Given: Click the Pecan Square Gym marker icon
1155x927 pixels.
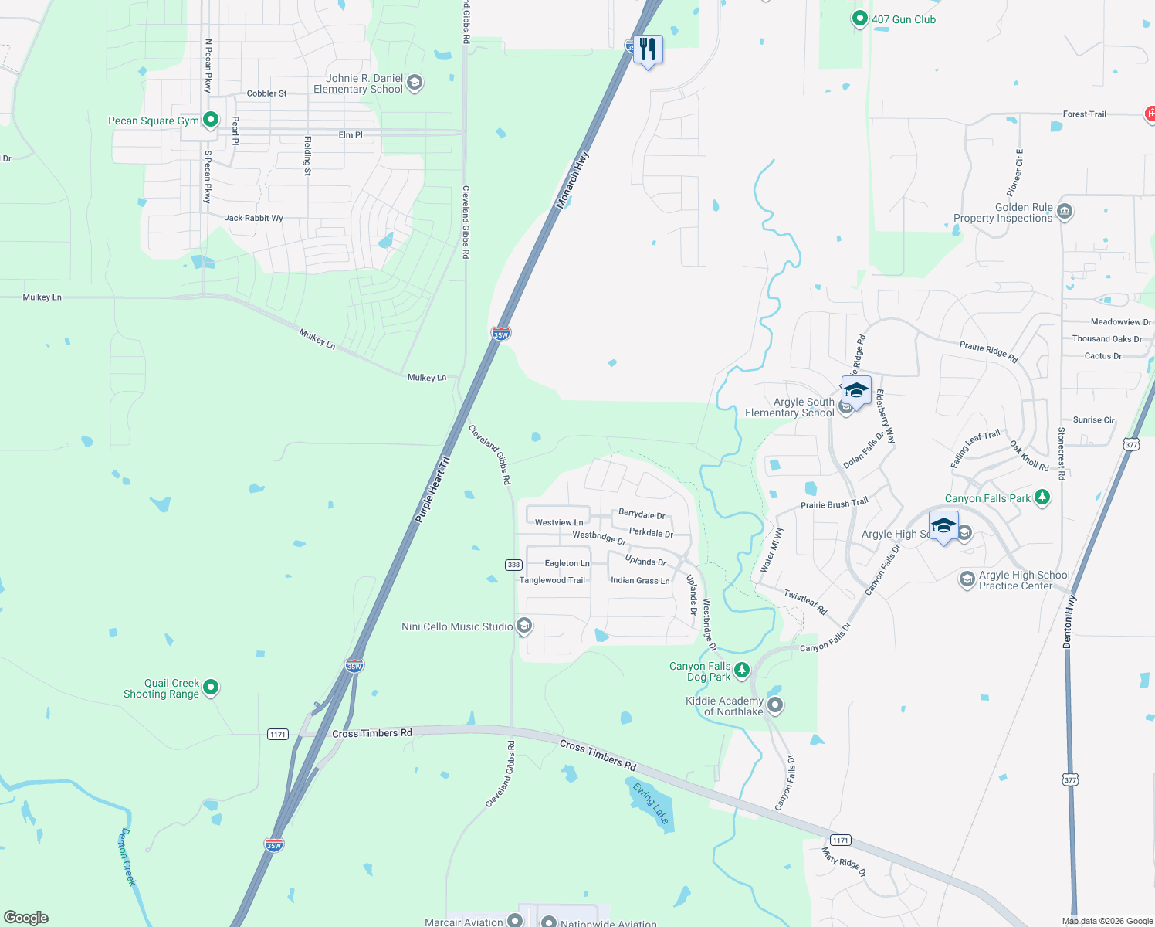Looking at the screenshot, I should [x=211, y=121].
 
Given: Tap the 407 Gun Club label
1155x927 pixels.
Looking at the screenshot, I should [x=903, y=19].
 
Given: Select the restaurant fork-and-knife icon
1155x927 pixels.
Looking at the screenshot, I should [x=648, y=49].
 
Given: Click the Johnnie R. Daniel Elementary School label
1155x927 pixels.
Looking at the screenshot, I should [x=358, y=83].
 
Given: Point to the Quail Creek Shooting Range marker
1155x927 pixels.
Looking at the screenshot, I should [x=211, y=687].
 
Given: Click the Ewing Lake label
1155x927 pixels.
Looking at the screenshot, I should [x=651, y=803].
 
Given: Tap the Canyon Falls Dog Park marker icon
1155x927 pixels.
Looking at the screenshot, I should [x=742, y=670].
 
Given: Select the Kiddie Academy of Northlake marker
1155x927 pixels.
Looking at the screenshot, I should [x=776, y=705].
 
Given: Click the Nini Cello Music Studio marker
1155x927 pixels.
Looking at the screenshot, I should [x=524, y=626].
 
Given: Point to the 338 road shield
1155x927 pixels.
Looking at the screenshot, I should [x=513, y=565].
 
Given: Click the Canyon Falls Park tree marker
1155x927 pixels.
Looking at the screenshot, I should [x=1042, y=497].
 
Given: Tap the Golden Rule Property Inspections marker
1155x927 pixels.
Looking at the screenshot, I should [x=1065, y=211].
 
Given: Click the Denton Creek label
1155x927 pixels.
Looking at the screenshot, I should [x=127, y=857].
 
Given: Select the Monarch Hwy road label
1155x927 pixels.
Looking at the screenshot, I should [x=573, y=180].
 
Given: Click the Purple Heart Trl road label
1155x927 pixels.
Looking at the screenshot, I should [x=432, y=490].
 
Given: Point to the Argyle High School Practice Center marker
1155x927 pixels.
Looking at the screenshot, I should [x=967, y=579].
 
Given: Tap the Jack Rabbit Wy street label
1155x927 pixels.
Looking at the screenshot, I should [x=253, y=218].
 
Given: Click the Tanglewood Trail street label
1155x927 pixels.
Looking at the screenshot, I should [x=552, y=580].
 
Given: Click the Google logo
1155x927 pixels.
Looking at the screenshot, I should [x=26, y=917].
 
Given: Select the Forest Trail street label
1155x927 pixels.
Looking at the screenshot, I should [x=1084, y=114].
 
